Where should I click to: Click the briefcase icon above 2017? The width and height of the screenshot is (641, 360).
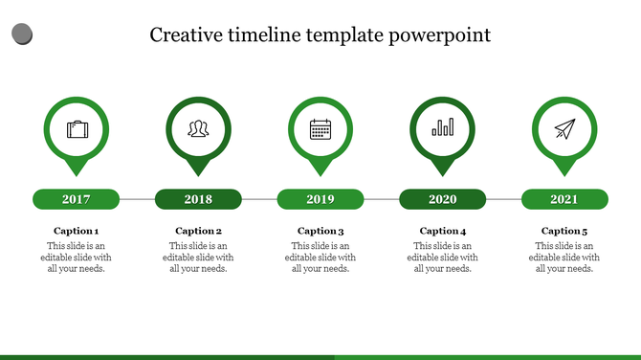pyautogui.click(x=77, y=128)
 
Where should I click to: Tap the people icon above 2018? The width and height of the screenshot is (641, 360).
pyautogui.click(x=198, y=128)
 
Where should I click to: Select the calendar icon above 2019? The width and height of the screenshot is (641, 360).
pyautogui.click(x=320, y=128)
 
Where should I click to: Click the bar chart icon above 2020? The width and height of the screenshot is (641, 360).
pyautogui.click(x=442, y=128)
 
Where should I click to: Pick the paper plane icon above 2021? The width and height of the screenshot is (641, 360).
pyautogui.click(x=564, y=128)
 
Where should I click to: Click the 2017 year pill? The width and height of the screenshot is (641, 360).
pyautogui.click(x=77, y=199)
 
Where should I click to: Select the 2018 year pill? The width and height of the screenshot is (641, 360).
pyautogui.click(x=198, y=199)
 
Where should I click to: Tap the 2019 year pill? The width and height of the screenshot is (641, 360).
pyautogui.click(x=320, y=199)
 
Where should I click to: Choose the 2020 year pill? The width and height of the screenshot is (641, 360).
pyautogui.click(x=442, y=199)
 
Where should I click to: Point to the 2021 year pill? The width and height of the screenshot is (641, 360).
pyautogui.click(x=564, y=199)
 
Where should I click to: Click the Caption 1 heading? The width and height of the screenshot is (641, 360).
pyautogui.click(x=77, y=231)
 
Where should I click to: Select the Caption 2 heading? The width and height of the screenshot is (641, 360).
pyautogui.click(x=198, y=231)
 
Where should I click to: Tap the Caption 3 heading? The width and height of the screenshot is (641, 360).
pyautogui.click(x=320, y=231)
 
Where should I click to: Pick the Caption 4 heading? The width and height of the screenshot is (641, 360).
pyautogui.click(x=442, y=231)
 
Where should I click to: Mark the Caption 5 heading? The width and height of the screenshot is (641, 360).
pyautogui.click(x=564, y=231)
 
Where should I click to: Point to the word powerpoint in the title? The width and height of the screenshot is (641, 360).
pyautogui.click(x=440, y=36)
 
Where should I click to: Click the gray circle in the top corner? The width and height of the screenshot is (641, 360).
pyautogui.click(x=22, y=35)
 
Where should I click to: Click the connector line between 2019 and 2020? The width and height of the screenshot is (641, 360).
pyautogui.click(x=381, y=199)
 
